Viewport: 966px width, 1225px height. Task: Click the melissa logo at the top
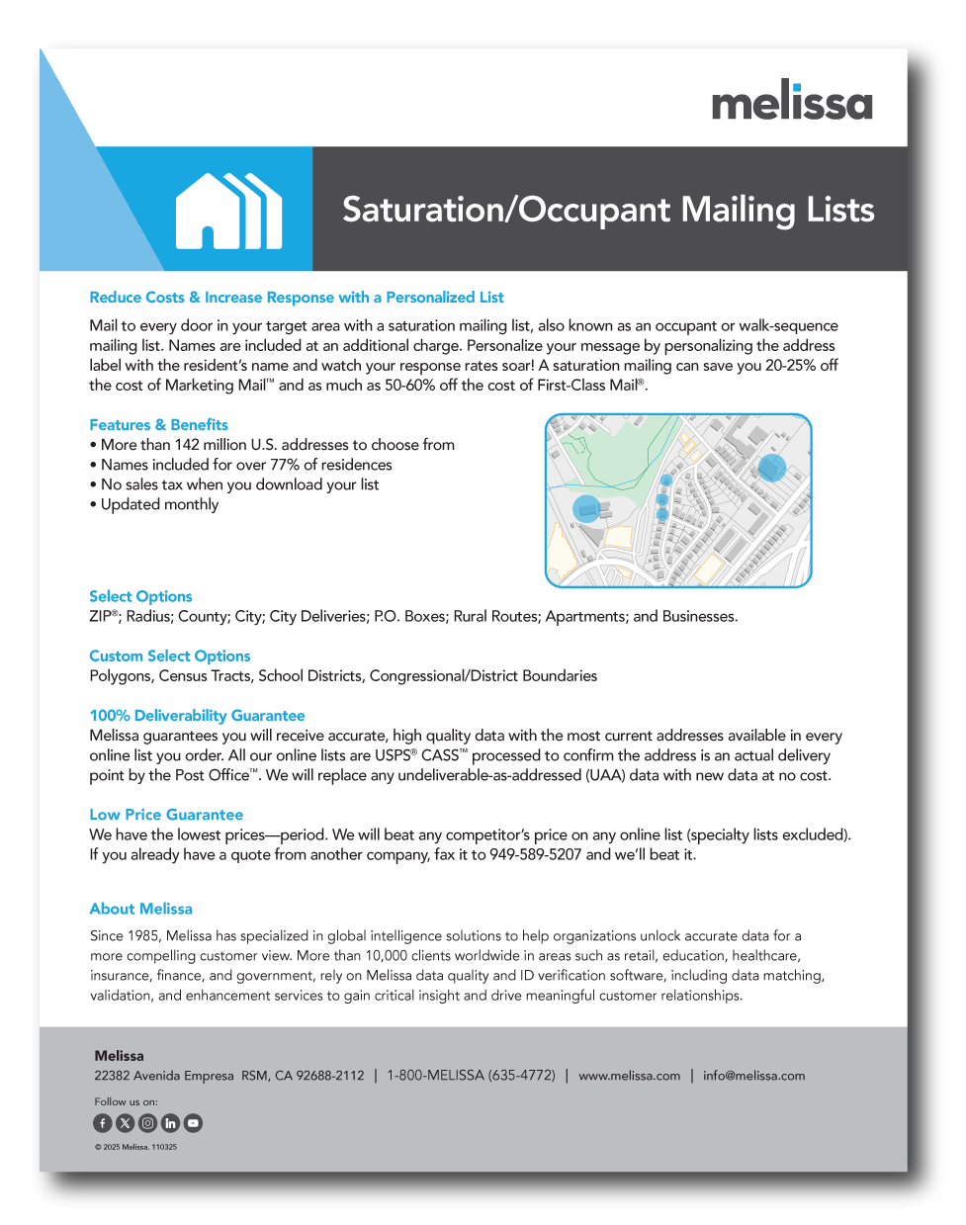[792, 101]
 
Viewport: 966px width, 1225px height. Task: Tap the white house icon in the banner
[228, 211]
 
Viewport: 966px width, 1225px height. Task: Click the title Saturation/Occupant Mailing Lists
[608, 210]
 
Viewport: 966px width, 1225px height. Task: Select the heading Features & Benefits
[158, 425]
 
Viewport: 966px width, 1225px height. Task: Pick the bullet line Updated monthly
[159, 504]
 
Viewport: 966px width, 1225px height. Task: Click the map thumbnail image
[678, 500]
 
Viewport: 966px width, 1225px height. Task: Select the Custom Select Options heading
[170, 656]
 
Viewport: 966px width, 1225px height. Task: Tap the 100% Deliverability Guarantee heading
[197, 716]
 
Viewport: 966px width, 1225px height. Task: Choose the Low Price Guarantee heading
[166, 815]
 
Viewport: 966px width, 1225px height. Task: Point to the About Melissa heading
[140, 909]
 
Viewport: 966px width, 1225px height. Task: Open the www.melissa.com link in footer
[630, 1076]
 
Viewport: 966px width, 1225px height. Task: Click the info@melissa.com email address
[753, 1076]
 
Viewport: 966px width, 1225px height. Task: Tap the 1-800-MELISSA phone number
[471, 1076]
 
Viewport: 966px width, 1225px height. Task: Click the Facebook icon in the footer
[103, 1123]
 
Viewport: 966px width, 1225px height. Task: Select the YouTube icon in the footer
[193, 1123]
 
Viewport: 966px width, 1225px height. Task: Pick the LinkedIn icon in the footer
[170, 1123]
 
